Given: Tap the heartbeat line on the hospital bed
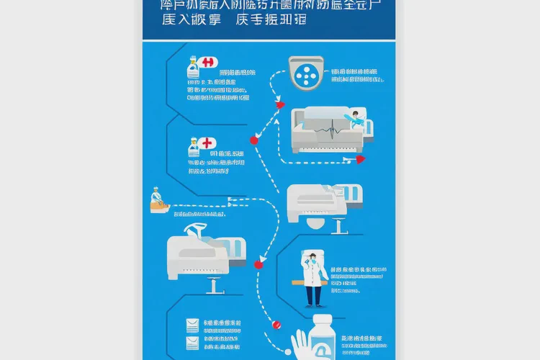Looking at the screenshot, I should pos(328,129).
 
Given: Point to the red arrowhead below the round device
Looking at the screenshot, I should pos(281,105).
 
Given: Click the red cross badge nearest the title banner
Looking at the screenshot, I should pos(210,63).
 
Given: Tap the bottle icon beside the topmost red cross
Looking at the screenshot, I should pos(192,69).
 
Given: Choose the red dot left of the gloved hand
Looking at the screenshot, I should pos(274,325).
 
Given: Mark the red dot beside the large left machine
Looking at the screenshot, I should pos(258,264).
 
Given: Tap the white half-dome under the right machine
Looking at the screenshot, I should pos(313,224).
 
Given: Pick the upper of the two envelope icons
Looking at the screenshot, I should pos(192,325).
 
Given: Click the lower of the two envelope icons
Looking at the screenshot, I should pos(192,343).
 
